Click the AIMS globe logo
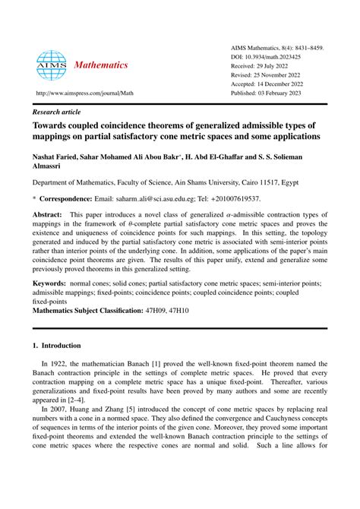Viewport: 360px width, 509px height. pyautogui.click(x=52, y=65)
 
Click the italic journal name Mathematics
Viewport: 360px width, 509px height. pyautogui.click(x=101, y=65)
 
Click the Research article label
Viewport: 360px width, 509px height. pyautogui.click(x=56, y=110)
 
